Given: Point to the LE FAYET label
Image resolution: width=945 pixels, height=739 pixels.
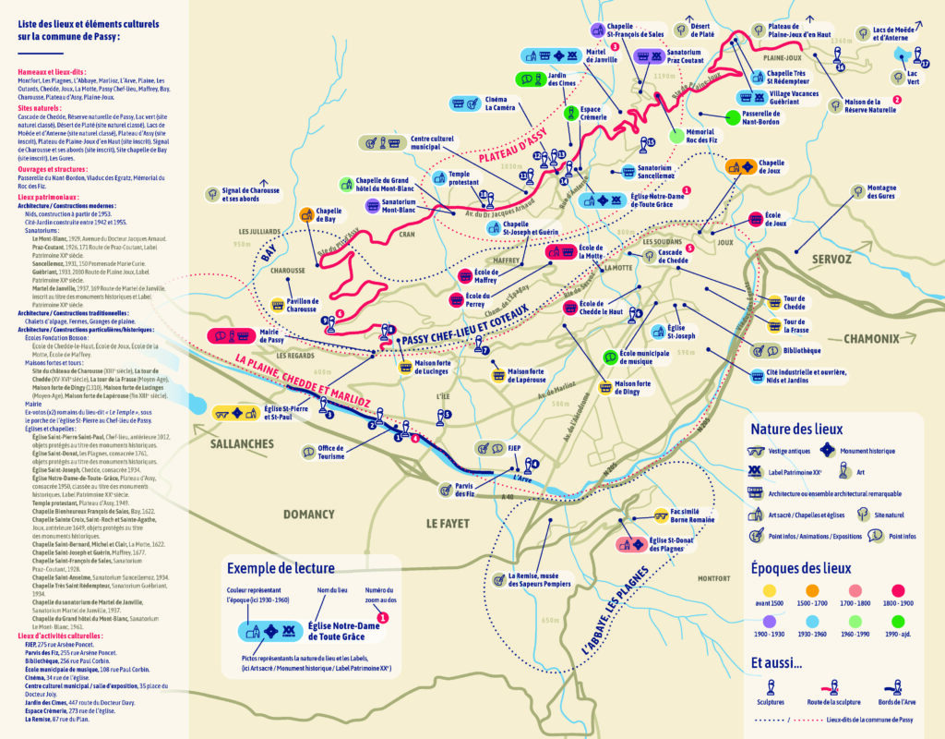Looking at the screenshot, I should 448,523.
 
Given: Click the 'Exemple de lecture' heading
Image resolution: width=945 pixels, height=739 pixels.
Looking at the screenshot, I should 283,567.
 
